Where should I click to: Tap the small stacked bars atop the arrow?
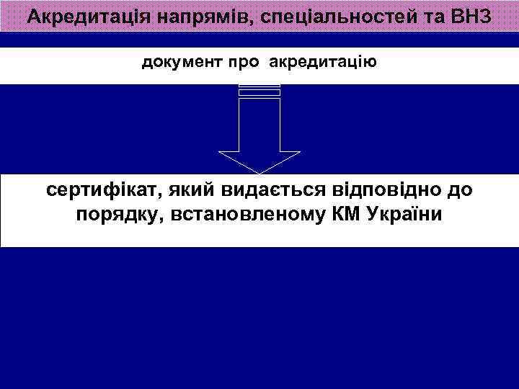pyautogui.click(x=259, y=90)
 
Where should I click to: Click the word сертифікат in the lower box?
pyautogui.click(x=102, y=192)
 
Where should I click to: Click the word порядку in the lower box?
pyautogui.click(x=117, y=215)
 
